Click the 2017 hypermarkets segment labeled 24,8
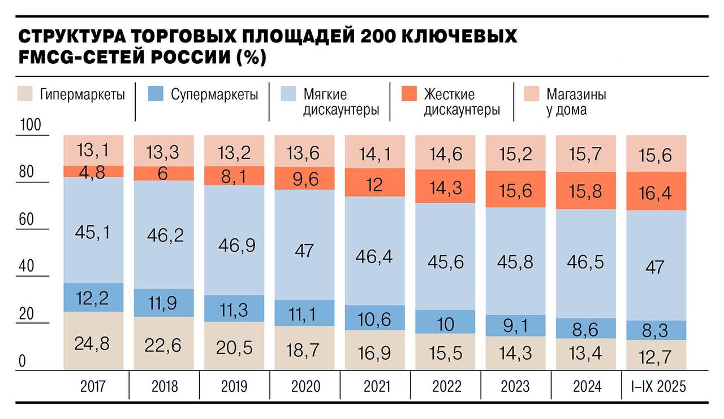click(x=94, y=343)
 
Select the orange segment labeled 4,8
click(x=94, y=172)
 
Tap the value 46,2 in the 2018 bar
click(x=165, y=235)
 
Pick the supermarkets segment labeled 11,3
click(x=235, y=309)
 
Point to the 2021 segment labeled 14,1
click(x=376, y=154)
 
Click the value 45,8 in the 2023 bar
click(x=516, y=261)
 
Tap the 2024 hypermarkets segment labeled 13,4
click(x=587, y=354)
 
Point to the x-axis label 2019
click(x=235, y=387)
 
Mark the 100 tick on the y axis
click(x=31, y=125)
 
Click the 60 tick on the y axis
click(x=27, y=220)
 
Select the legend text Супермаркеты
click(x=214, y=94)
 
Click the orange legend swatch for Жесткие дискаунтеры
click(x=408, y=94)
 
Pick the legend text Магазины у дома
click(x=576, y=102)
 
